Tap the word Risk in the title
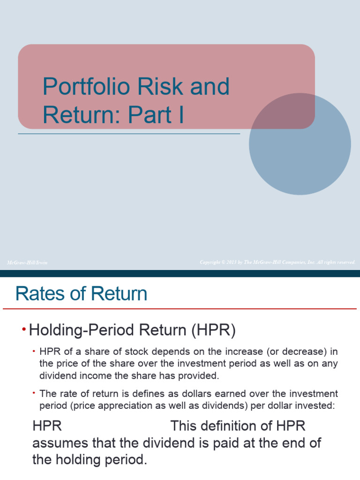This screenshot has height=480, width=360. coord(159,87)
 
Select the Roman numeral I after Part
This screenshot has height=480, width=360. coord(180,115)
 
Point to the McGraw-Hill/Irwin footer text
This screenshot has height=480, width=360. coord(27,262)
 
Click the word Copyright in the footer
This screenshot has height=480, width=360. coord(210,262)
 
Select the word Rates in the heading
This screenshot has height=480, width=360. coord(38,294)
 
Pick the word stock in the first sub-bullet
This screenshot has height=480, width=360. coord(127,352)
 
